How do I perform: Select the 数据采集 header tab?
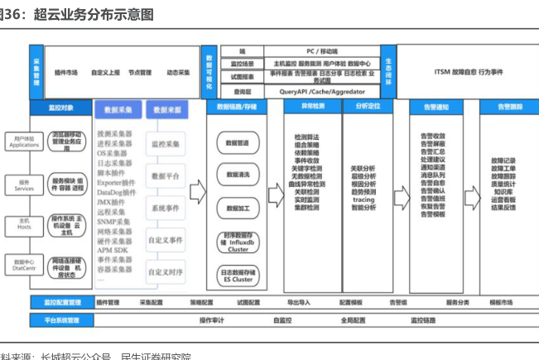pyautogui.click(x=115, y=109)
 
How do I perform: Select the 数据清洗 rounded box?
pyautogui.click(x=238, y=175)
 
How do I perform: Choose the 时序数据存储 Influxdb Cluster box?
pyautogui.click(x=238, y=242)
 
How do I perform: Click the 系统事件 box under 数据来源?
pyautogui.click(x=166, y=208)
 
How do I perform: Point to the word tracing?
pyautogui.click(x=363, y=199)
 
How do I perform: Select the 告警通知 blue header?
pyautogui.click(x=436, y=107)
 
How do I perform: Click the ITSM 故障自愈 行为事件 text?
pyautogui.click(x=468, y=72)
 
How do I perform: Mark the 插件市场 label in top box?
pyautogui.click(x=65, y=73)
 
